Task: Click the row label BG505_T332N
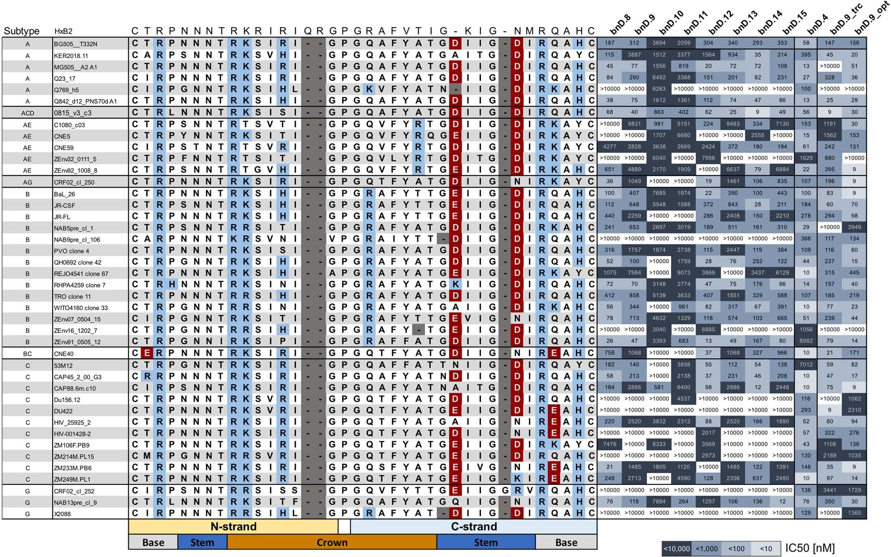point(75,44)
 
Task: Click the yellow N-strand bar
point(233,527)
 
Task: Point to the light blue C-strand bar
point(474,527)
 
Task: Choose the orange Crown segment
point(332,543)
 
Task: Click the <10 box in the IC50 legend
point(766,548)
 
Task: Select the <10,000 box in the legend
point(676,548)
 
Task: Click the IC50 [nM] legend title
point(810,548)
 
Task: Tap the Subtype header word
point(21,31)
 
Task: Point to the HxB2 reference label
point(63,31)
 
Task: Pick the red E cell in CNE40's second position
point(147,353)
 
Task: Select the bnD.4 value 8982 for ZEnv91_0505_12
point(806,341)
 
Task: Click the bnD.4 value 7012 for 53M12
point(806,365)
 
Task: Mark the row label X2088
point(62,514)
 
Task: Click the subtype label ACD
point(28,113)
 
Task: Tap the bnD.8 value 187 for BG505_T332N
point(610,43)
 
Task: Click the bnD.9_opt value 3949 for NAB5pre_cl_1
point(854,227)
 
